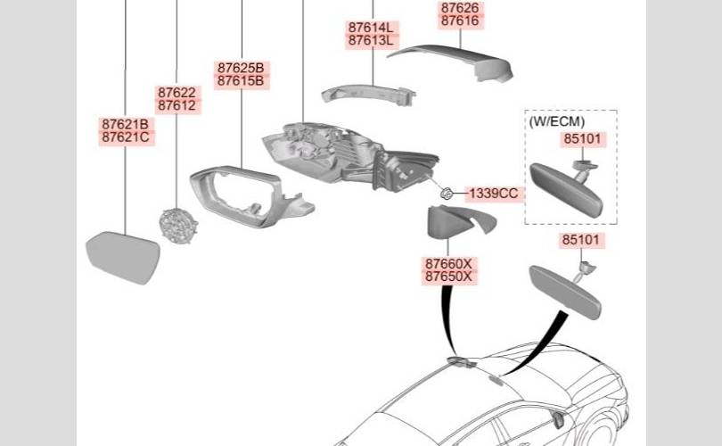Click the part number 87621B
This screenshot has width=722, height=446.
pos(125,124)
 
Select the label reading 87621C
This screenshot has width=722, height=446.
pos(125,137)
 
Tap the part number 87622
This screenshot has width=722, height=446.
pos(176,93)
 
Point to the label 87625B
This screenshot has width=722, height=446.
pos(241,68)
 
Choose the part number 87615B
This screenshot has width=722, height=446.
pos(241,81)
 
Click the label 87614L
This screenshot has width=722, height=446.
pos(373,28)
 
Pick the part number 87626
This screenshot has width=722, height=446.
pos(460,8)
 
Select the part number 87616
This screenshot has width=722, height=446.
pos(460,21)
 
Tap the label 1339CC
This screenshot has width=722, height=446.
pos(493,193)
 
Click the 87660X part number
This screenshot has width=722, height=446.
pos(448,264)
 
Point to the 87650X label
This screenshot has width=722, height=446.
pos(448,277)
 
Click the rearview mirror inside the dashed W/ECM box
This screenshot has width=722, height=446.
pos(566,189)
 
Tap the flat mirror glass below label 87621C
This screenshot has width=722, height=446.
pos(123,257)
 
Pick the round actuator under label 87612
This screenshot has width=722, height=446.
pos(178,227)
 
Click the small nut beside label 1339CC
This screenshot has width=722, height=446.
pos(445,192)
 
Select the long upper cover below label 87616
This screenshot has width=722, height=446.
pos(455,59)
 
